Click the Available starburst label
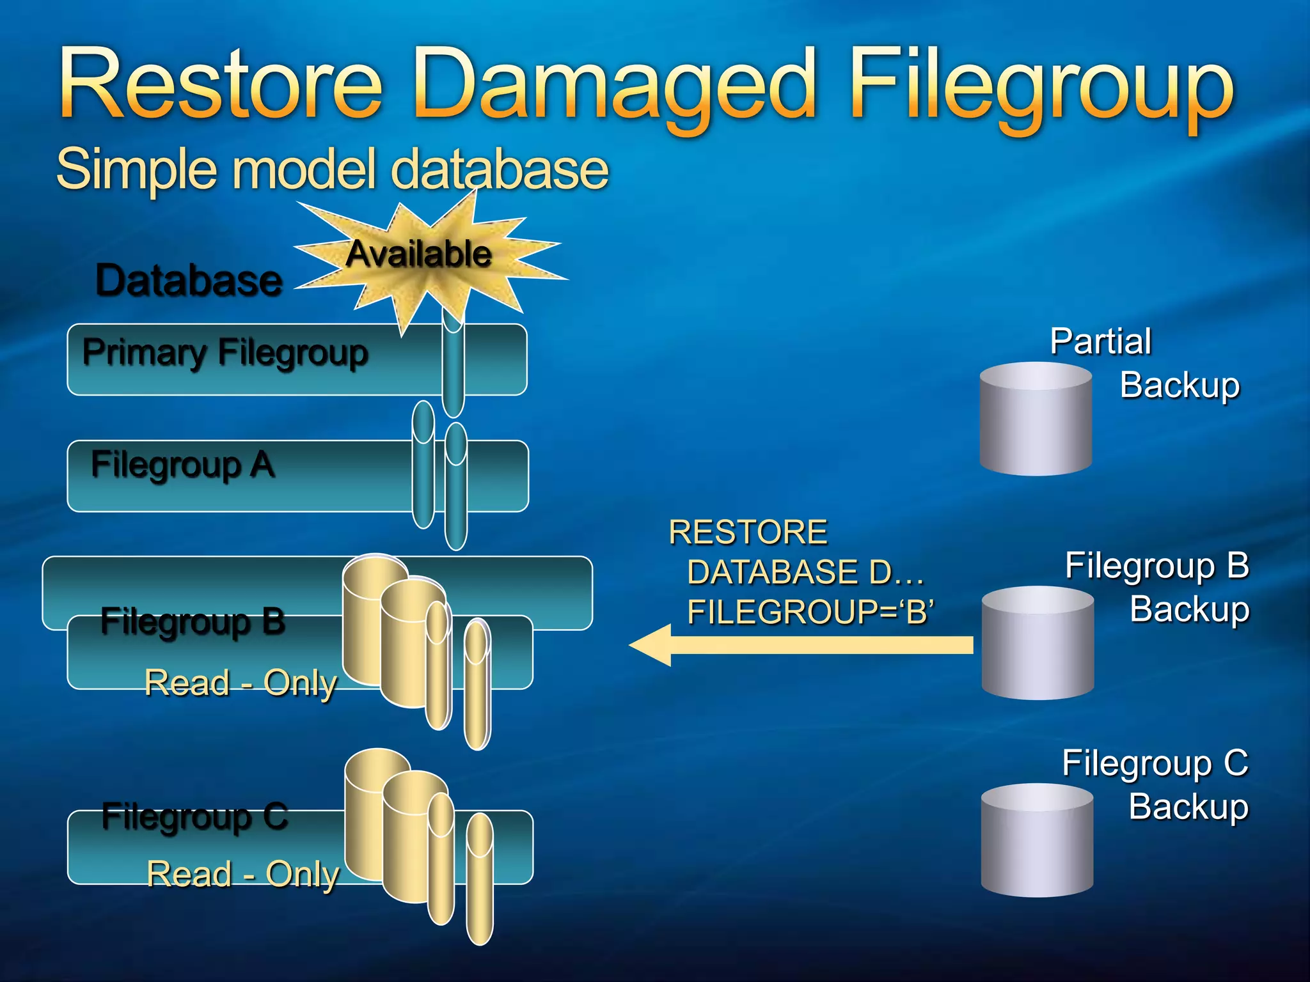point(420,254)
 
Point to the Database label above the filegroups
point(189,281)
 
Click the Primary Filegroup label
point(225,353)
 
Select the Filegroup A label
point(183,465)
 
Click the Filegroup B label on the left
point(193,621)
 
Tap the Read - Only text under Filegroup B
point(241,683)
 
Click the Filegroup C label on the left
point(195,816)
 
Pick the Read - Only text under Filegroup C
point(242,874)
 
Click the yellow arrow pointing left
point(800,645)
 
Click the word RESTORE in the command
point(748,533)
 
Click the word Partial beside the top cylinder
point(1100,341)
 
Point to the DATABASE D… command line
point(805,572)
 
